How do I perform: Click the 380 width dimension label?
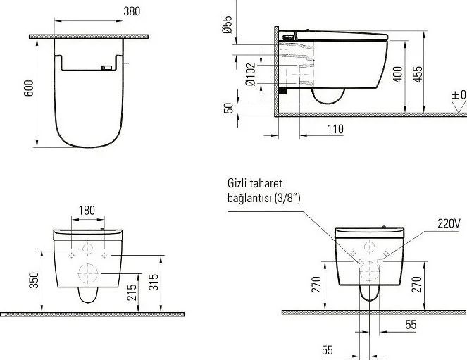coord(132,11)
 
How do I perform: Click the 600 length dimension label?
coord(29,88)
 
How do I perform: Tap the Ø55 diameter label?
coord(227,25)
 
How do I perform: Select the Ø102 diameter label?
coord(251,74)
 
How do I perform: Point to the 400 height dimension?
coord(397,75)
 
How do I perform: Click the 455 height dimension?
coord(418,75)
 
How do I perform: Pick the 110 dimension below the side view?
coord(335,129)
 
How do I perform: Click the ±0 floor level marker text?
coord(459,95)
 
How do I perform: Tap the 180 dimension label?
coord(87,211)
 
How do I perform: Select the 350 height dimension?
coord(35,280)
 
